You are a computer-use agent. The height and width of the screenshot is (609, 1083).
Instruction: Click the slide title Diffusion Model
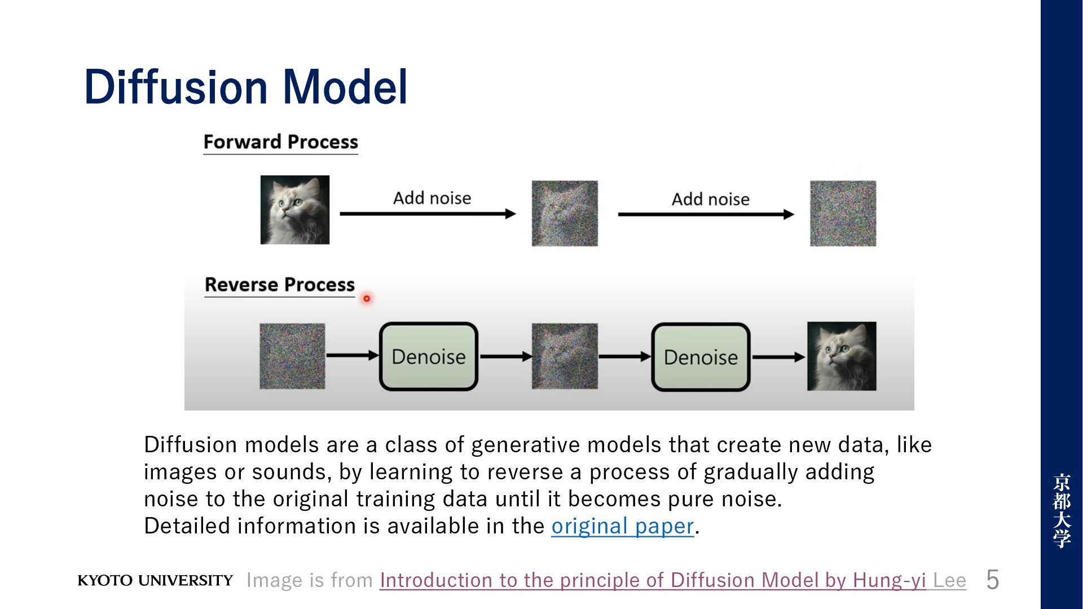point(246,87)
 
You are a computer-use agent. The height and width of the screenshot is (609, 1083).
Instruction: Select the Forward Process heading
point(281,142)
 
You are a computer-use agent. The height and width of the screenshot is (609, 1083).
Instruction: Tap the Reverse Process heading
point(280,285)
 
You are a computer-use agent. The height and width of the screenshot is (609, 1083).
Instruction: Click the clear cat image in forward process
point(295,210)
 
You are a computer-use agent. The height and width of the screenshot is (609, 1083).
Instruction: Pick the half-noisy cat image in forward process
point(565,213)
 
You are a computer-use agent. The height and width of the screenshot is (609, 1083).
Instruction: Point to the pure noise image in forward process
point(843,213)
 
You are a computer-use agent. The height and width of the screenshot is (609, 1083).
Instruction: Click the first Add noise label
point(432,198)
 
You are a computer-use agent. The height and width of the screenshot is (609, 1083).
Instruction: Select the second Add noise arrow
point(706,214)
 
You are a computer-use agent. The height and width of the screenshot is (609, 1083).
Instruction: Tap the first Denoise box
point(429,356)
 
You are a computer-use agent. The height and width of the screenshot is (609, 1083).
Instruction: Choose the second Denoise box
point(701,357)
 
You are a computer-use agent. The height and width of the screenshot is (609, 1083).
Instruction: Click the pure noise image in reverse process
point(292,356)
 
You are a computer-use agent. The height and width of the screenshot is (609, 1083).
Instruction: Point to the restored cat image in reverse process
point(842,356)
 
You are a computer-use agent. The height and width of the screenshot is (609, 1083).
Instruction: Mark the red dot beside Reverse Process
point(367,298)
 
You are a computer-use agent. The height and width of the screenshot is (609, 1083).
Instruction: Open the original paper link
point(623,526)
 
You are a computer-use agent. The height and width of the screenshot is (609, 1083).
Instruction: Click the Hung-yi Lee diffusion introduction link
point(673,580)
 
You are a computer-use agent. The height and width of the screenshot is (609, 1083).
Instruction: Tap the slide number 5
point(993,580)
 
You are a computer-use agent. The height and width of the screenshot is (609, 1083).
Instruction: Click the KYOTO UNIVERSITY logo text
point(155,581)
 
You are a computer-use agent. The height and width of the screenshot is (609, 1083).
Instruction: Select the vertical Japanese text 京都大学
point(1062,511)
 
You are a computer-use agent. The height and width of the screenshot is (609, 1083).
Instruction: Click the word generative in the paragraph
point(526,445)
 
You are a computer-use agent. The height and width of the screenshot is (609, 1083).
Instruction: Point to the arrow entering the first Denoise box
point(353,355)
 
